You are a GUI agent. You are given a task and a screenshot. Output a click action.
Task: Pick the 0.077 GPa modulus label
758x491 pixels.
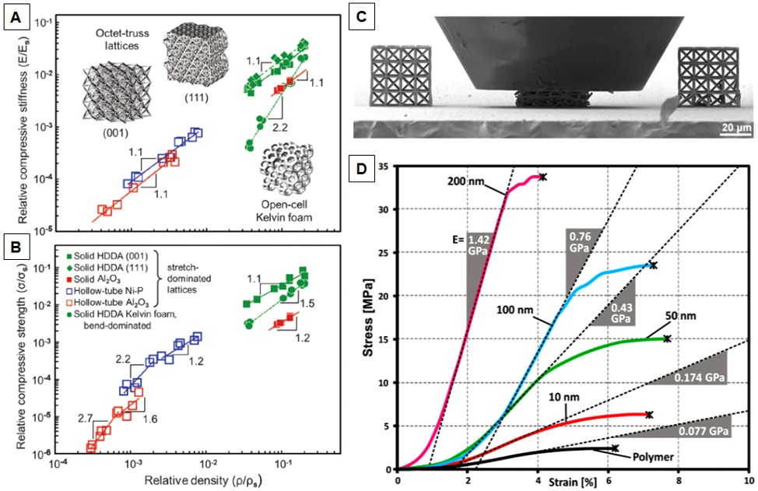coord(707,430)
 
